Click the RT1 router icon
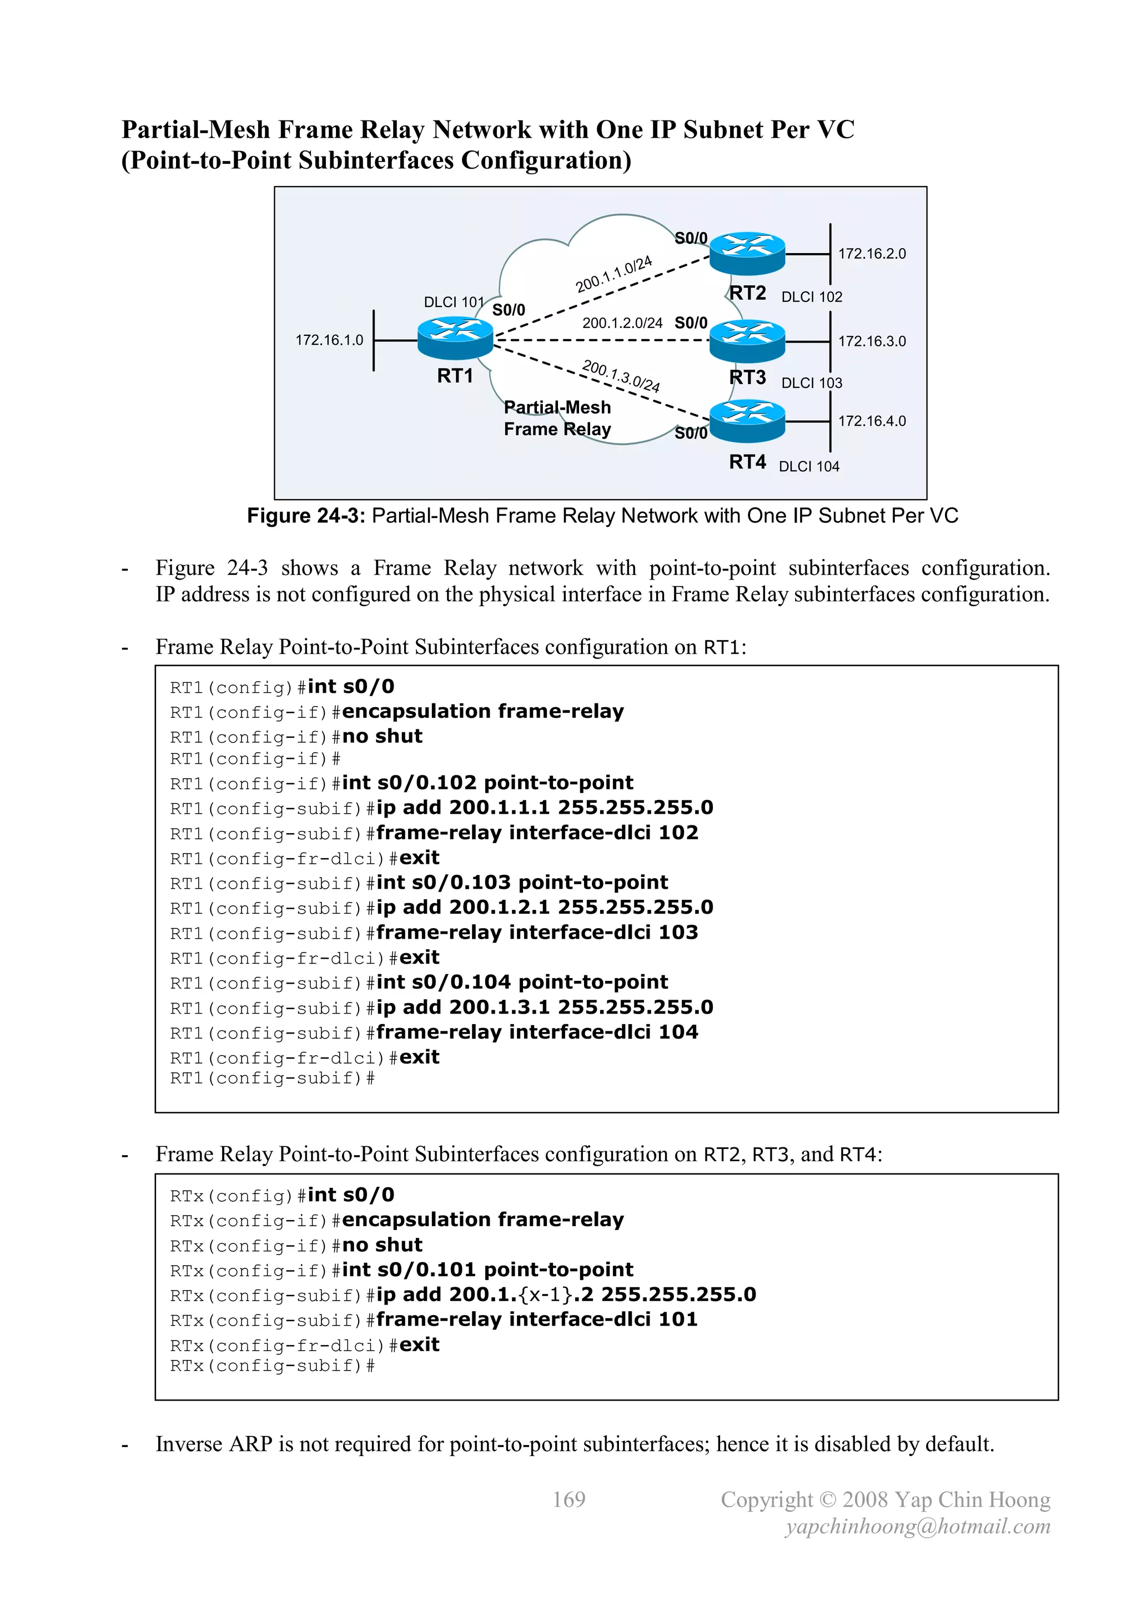tap(455, 338)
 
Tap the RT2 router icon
tap(747, 253)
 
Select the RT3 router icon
tap(747, 340)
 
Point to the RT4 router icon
tap(747, 421)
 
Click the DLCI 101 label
tap(454, 301)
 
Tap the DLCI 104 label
tap(809, 466)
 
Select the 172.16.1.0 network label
tap(329, 340)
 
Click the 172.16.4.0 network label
tap(872, 421)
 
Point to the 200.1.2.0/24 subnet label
tap(622, 323)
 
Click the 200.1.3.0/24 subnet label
tap(621, 376)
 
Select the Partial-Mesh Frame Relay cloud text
tap(557, 418)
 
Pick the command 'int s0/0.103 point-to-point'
tap(522, 882)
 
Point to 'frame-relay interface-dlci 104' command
tap(537, 1032)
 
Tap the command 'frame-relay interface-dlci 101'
tap(537, 1319)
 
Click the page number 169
tap(568, 1499)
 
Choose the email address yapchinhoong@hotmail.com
tap(918, 1527)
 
